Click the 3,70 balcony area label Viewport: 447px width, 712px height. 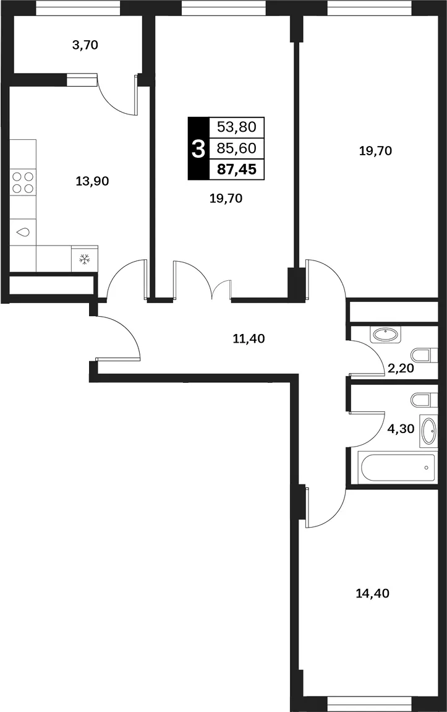click(x=85, y=45)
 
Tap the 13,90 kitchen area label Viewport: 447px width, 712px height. click(x=92, y=181)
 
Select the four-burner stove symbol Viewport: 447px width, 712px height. click(x=23, y=182)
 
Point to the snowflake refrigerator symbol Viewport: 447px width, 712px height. click(x=85, y=259)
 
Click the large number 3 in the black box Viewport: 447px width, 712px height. click(x=198, y=148)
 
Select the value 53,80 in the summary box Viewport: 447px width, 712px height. click(x=237, y=127)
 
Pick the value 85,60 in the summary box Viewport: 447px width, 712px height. click(x=237, y=148)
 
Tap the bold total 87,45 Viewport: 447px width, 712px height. click(x=237, y=169)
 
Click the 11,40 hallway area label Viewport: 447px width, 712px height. click(x=249, y=338)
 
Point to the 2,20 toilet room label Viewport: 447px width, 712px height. click(x=401, y=368)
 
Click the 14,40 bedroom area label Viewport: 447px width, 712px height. click(x=373, y=593)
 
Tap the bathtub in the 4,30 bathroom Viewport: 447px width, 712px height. click(x=397, y=467)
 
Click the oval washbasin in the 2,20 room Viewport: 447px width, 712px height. click(x=385, y=335)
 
